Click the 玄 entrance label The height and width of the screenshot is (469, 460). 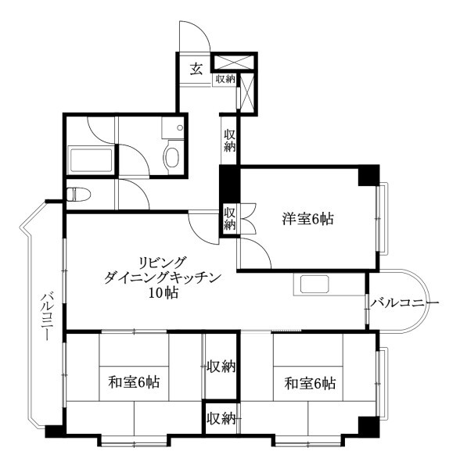[x=196, y=69]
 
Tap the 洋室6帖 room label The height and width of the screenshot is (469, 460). [x=307, y=220]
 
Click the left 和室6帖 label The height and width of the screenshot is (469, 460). [x=134, y=382]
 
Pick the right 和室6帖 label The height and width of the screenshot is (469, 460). [x=310, y=383]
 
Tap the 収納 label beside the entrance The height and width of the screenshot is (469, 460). [x=225, y=79]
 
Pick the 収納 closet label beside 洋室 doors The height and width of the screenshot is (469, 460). [x=230, y=217]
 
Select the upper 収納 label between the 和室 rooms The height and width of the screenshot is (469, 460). [x=221, y=366]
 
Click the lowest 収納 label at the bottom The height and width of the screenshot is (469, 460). [x=221, y=418]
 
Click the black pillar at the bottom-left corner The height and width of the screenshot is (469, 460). [x=54, y=431]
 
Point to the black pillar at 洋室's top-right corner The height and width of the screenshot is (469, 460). [x=368, y=177]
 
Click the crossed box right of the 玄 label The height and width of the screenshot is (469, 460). [x=234, y=63]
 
